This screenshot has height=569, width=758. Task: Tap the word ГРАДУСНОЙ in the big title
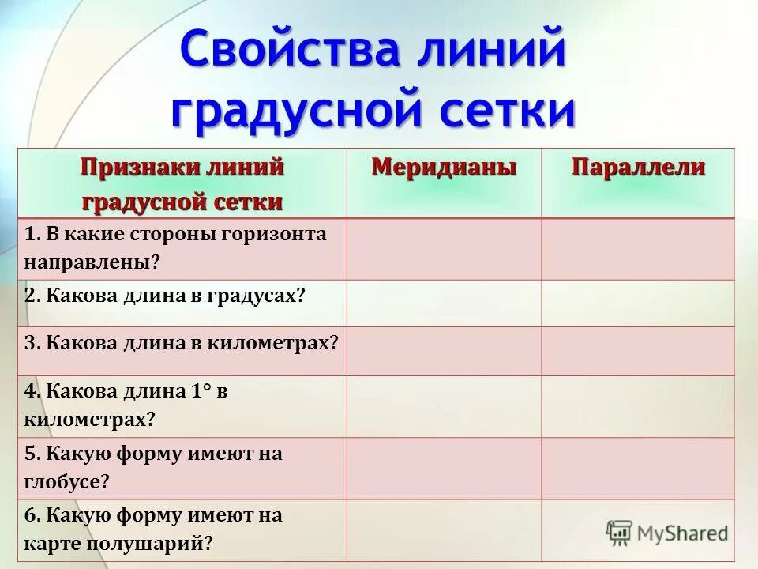pyautogui.click(x=299, y=111)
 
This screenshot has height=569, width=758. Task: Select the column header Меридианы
pyautogui.click(x=444, y=168)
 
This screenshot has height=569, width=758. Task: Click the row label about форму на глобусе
pyautogui.click(x=152, y=467)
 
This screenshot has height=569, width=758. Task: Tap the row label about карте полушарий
pyautogui.click(x=152, y=529)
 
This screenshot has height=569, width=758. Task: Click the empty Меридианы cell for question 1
pyautogui.click(x=444, y=249)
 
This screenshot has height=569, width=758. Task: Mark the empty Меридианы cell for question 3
pyautogui.click(x=444, y=351)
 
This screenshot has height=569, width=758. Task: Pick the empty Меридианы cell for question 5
pyautogui.click(x=444, y=468)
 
